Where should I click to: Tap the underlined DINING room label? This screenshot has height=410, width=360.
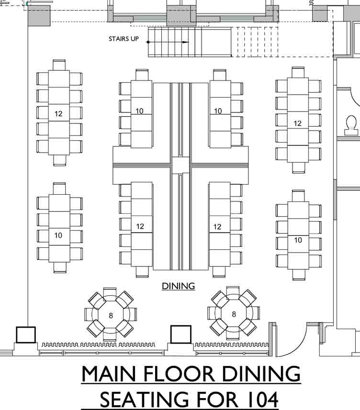pyautogui.click(x=178, y=286)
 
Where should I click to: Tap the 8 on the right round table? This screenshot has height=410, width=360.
pyautogui.click(x=234, y=314)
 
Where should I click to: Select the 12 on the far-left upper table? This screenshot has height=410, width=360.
pyautogui.click(x=59, y=114)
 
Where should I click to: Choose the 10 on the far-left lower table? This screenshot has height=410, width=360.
pyautogui.click(x=58, y=235)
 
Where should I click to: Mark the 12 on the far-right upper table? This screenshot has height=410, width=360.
pyautogui.click(x=298, y=123)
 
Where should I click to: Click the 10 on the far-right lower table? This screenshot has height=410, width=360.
pyautogui.click(x=298, y=240)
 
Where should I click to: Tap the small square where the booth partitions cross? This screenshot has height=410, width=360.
pyautogui.click(x=180, y=165)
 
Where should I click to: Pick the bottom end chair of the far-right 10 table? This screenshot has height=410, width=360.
pyautogui.click(x=298, y=274)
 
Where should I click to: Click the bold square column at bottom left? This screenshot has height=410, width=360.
pyautogui.click(x=26, y=334)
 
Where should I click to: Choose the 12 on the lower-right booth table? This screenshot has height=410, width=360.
pyautogui.click(x=217, y=227)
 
